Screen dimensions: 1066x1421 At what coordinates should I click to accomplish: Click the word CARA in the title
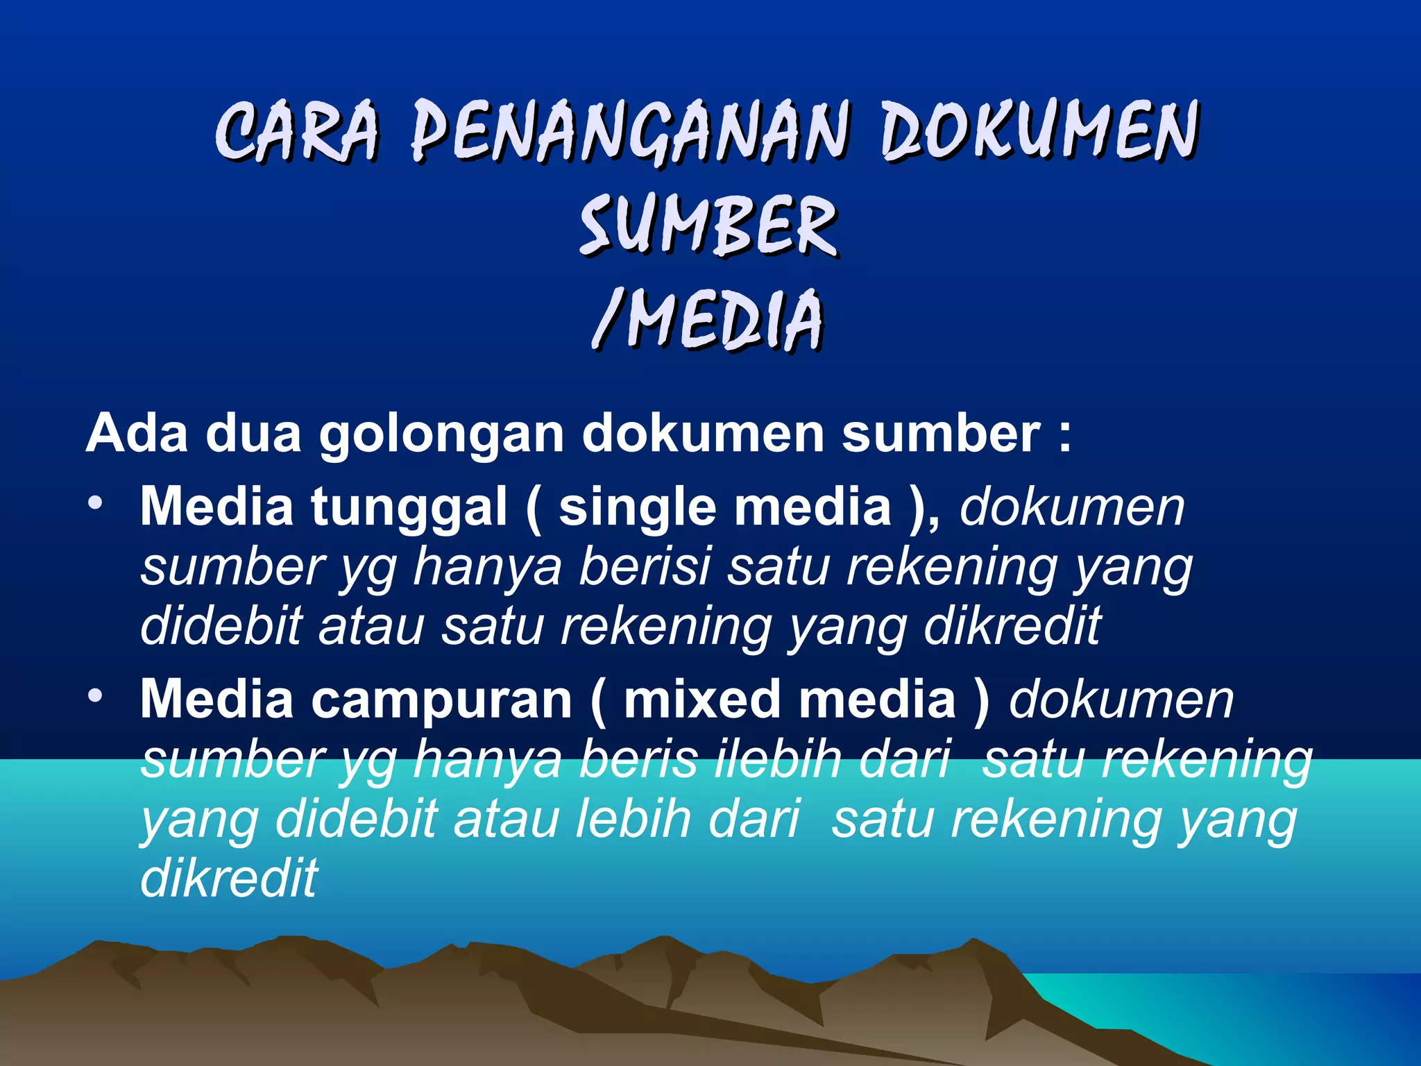[298, 130]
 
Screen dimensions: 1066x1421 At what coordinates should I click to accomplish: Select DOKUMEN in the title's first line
[1039, 130]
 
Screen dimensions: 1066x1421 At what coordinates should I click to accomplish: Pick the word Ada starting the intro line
[137, 434]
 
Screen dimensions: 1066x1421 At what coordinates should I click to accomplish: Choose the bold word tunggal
[409, 508]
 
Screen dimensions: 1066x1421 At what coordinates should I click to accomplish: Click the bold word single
[637, 508]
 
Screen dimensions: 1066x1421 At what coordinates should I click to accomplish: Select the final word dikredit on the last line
[229, 877]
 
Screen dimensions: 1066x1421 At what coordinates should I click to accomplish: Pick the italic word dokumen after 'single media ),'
[1072, 508]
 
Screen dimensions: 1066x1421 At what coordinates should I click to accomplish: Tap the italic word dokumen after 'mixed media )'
[1121, 700]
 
